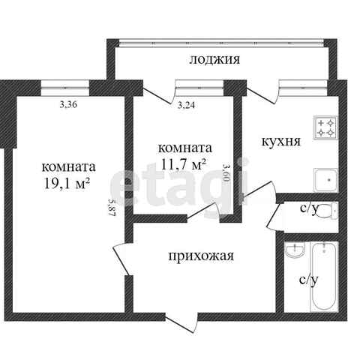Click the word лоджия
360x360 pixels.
coord(214,60)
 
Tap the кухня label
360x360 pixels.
coord(281,142)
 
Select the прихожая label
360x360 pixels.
coord(201,256)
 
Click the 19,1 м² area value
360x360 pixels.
coord(67,184)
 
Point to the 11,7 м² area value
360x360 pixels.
coord(184,164)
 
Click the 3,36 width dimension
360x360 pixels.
coord(68,105)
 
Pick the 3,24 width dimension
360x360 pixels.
coord(186,105)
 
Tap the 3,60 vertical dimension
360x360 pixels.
coord(226,173)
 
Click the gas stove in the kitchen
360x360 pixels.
coord(325,127)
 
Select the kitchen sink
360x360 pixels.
coord(326,180)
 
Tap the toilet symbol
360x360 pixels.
coord(326,211)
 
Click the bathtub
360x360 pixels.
coord(324,277)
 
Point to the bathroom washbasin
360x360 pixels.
coord(295,250)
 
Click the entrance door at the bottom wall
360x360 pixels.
coord(182,323)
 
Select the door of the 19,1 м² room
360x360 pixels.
coord(122,259)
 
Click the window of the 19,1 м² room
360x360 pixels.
coord(65,88)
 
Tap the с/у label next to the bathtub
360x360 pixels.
coord(309,280)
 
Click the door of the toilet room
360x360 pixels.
coord(275,217)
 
